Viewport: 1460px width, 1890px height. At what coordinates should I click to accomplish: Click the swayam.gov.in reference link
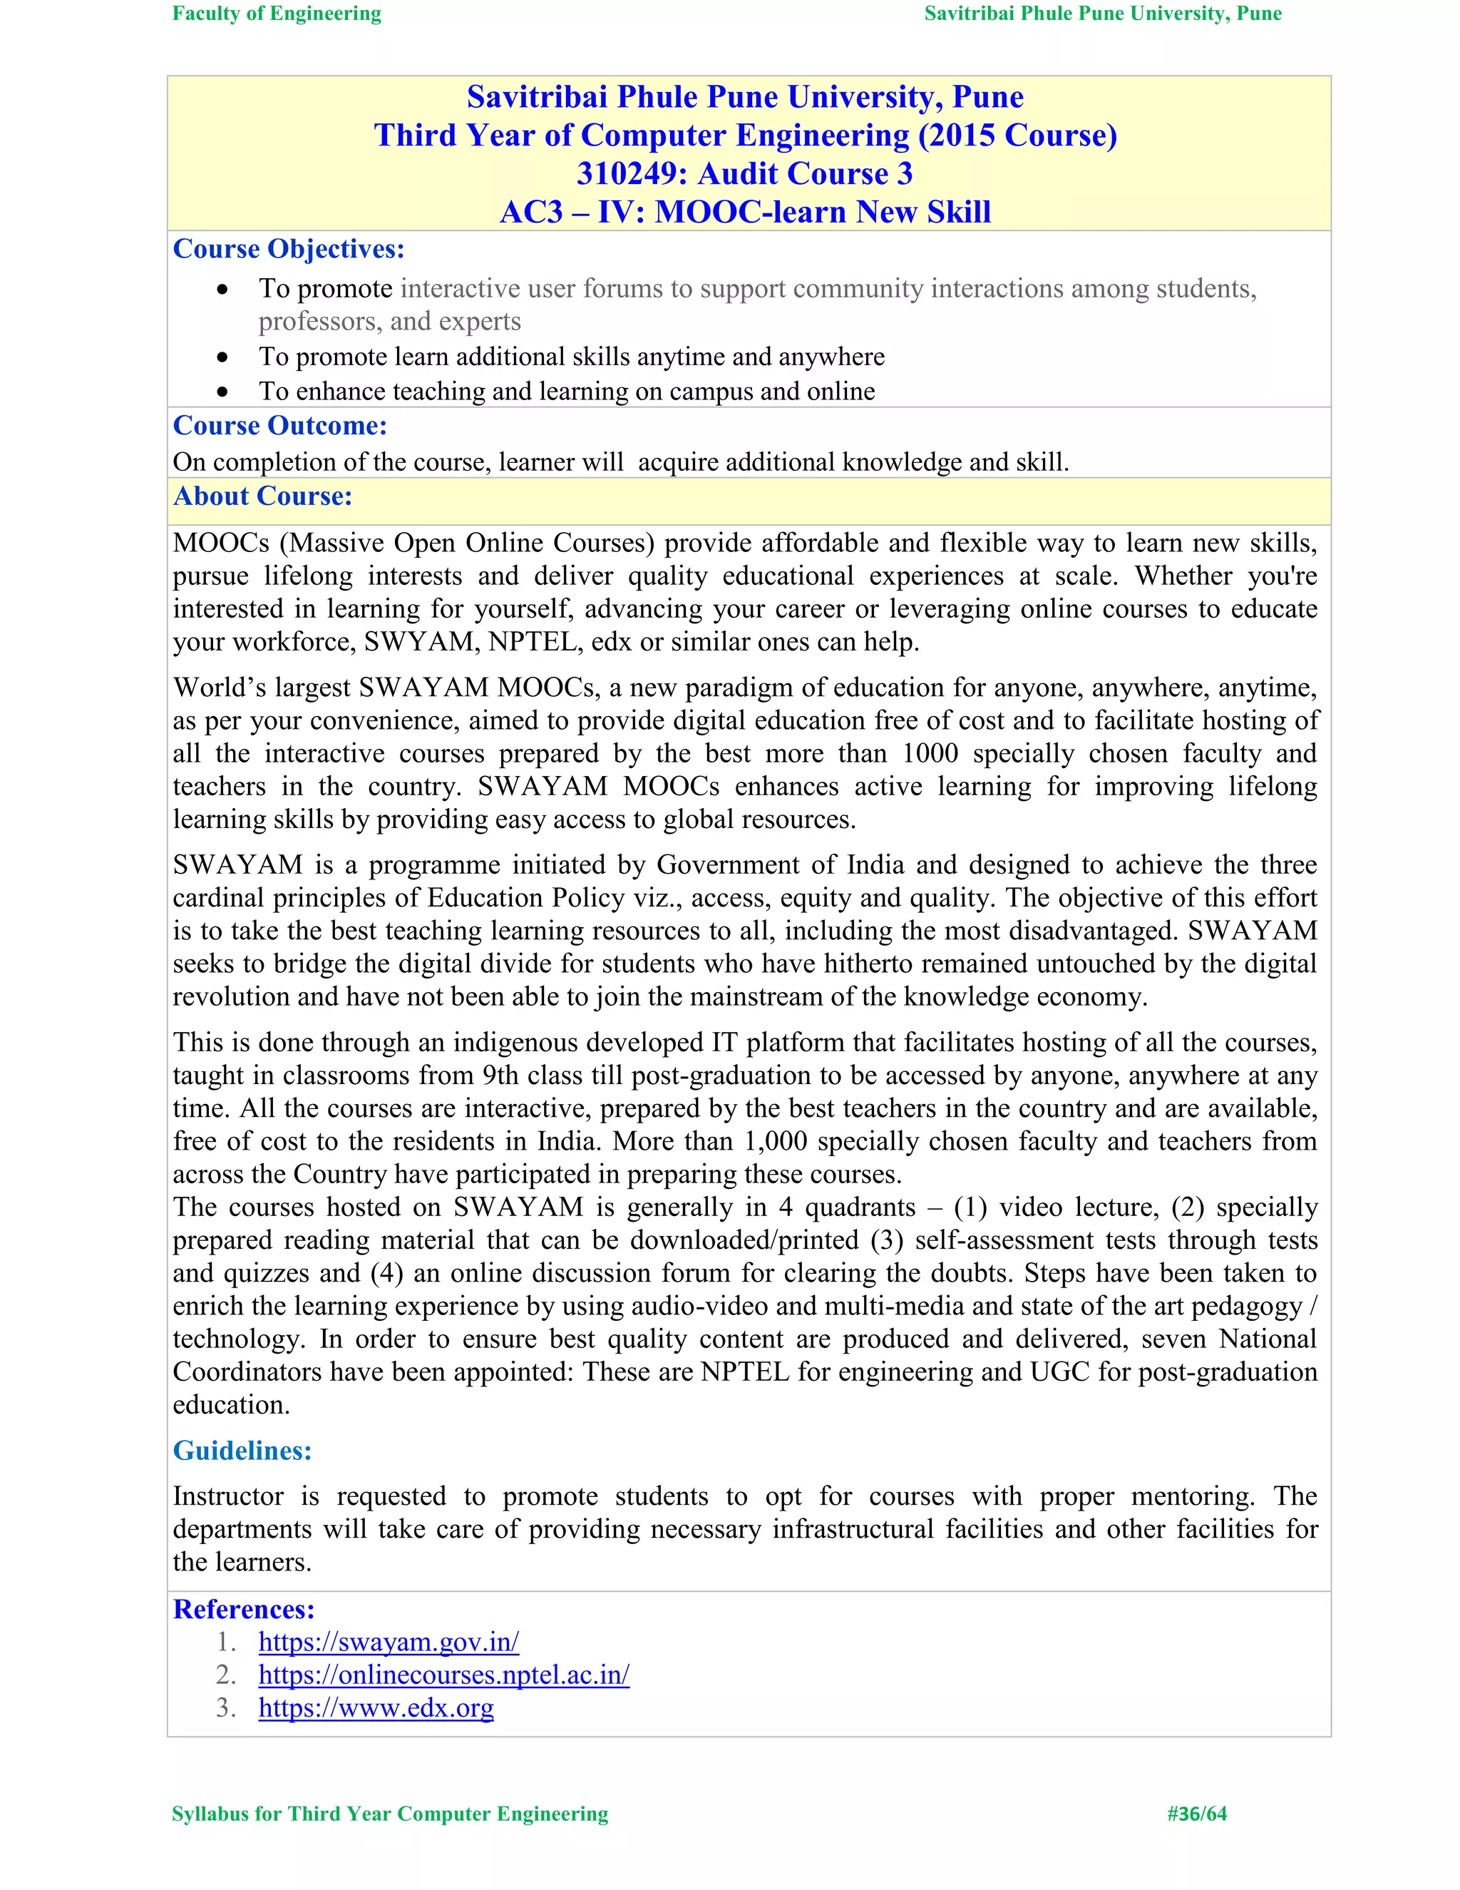point(389,1642)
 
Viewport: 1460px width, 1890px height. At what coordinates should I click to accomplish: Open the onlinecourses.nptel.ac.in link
point(443,1675)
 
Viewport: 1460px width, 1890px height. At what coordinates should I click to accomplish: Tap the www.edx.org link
point(376,1707)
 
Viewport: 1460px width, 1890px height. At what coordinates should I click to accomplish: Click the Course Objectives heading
point(289,249)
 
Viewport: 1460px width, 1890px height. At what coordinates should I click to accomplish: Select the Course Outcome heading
point(280,426)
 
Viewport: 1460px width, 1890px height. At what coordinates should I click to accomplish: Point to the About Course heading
point(263,496)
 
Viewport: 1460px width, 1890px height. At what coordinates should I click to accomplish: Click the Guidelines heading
point(242,1451)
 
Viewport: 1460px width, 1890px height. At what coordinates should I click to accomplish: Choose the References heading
point(244,1609)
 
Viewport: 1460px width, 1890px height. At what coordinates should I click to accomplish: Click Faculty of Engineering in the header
point(277,14)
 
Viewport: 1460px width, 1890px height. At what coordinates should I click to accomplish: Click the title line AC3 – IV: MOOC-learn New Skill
point(745,212)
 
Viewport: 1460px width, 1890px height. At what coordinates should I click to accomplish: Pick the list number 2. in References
point(226,1675)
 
